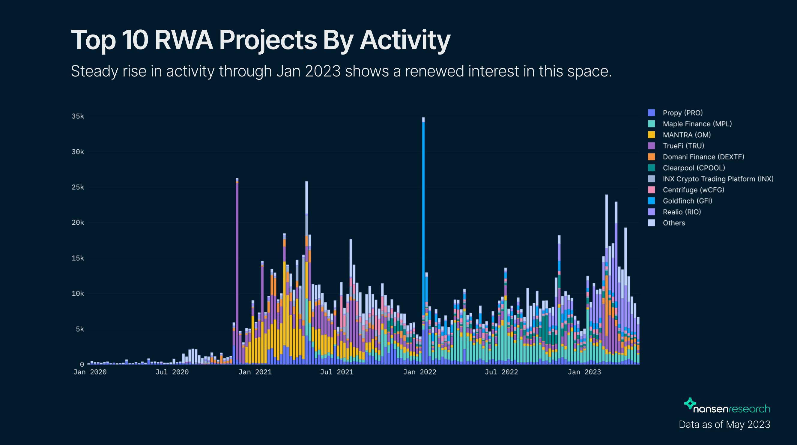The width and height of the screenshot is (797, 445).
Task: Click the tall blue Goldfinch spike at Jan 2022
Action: [423, 217]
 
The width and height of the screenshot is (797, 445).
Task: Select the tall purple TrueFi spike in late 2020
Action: [237, 263]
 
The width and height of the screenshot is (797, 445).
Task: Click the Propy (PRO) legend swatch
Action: [651, 113]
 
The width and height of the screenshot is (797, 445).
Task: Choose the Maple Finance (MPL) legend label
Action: [697, 124]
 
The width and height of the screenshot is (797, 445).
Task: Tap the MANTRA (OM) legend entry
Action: [686, 135]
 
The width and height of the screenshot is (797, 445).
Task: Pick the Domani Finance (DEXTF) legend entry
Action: [703, 157]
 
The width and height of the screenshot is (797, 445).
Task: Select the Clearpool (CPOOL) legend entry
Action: [693, 168]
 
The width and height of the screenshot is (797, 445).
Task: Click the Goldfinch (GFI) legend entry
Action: [687, 201]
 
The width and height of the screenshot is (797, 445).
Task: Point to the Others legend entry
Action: [673, 223]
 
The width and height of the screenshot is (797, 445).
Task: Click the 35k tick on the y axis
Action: [78, 116]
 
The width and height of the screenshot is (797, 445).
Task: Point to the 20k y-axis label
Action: [78, 223]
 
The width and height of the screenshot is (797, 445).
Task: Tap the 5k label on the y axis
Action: [80, 329]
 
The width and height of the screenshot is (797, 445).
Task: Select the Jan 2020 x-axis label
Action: [90, 372]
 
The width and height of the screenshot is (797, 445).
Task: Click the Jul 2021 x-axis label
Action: [337, 372]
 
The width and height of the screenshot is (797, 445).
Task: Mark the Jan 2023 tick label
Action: [584, 372]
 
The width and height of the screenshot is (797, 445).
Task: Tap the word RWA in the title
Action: [184, 40]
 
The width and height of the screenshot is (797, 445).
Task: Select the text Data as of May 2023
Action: [724, 425]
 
